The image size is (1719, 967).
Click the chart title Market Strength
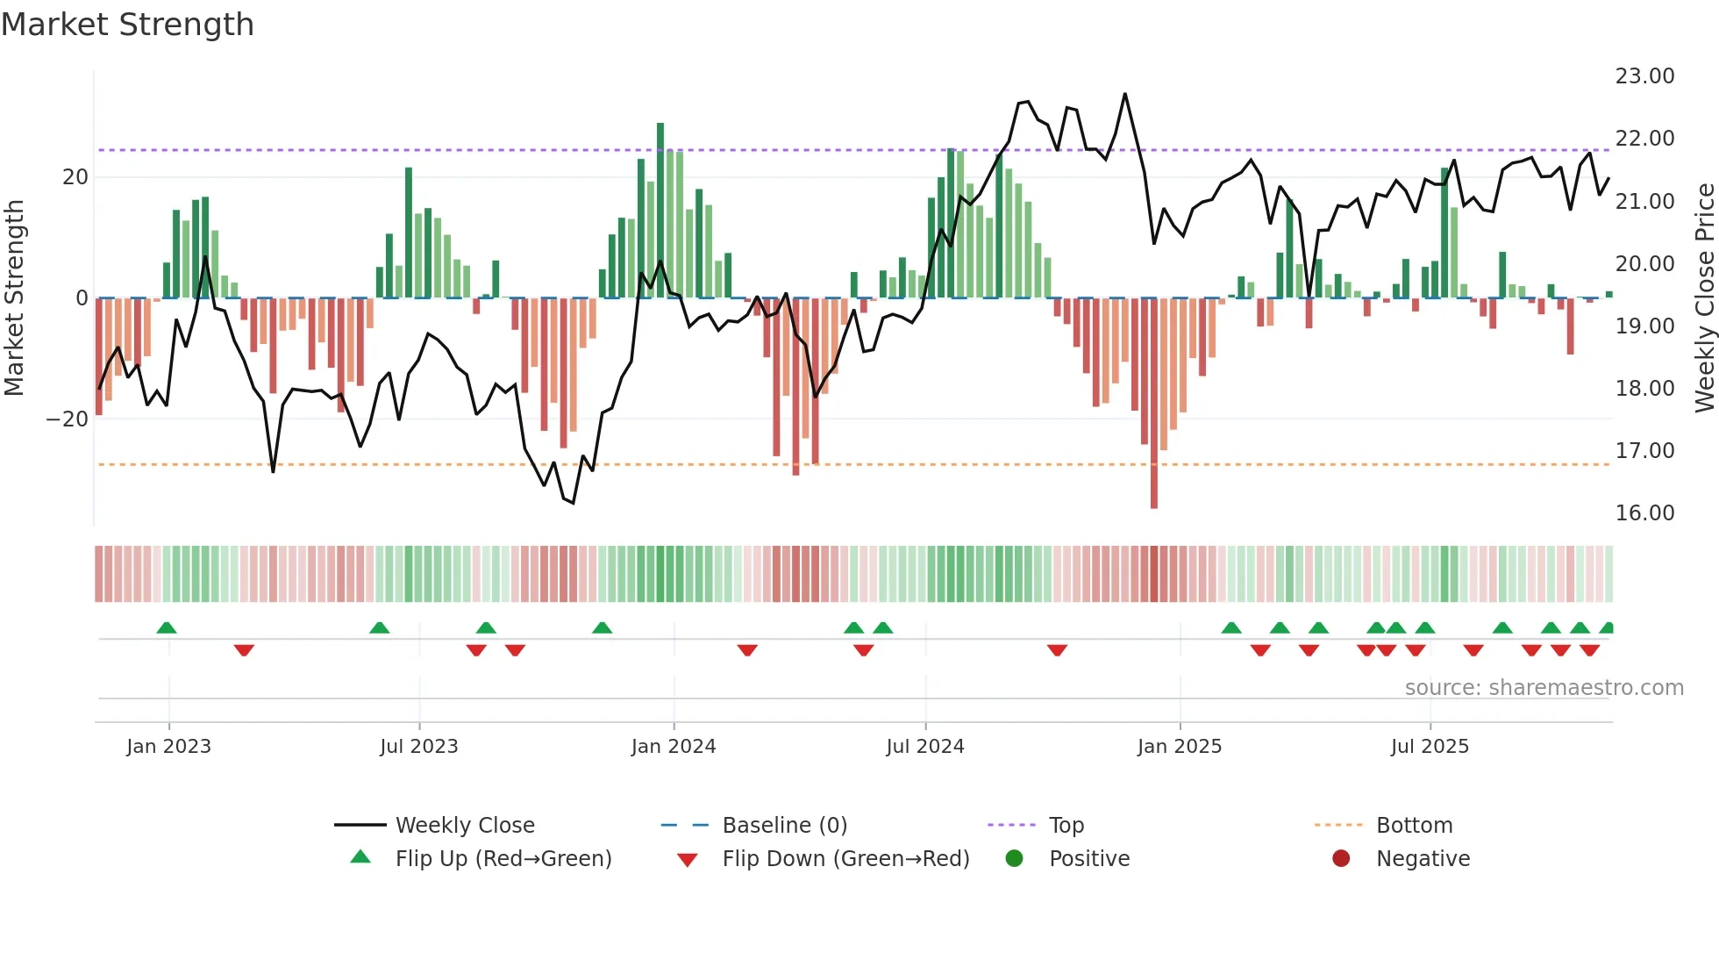(x=127, y=25)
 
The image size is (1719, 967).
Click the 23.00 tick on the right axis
(x=1644, y=76)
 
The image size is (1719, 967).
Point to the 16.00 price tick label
(x=1644, y=513)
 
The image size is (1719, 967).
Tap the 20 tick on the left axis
(x=75, y=177)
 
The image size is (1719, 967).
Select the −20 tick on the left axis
(x=68, y=419)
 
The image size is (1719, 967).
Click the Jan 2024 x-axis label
(x=673, y=747)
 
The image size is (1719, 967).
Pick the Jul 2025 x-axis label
(x=1429, y=747)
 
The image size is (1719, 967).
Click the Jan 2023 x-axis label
(x=168, y=747)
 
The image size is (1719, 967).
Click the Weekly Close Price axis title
(x=1704, y=298)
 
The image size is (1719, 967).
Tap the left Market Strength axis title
(x=14, y=298)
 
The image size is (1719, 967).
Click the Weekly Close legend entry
(x=464, y=826)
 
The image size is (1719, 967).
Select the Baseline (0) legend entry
(x=784, y=826)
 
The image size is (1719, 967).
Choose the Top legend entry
(x=1066, y=826)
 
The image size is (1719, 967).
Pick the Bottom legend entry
(x=1414, y=826)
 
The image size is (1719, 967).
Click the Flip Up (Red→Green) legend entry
(x=503, y=859)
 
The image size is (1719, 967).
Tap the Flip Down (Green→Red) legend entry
(x=845, y=859)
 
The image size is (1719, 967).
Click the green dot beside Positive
(x=1014, y=859)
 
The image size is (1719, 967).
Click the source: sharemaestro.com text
(x=1544, y=688)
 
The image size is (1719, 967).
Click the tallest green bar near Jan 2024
(x=660, y=211)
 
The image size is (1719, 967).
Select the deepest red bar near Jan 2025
(x=1154, y=404)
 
